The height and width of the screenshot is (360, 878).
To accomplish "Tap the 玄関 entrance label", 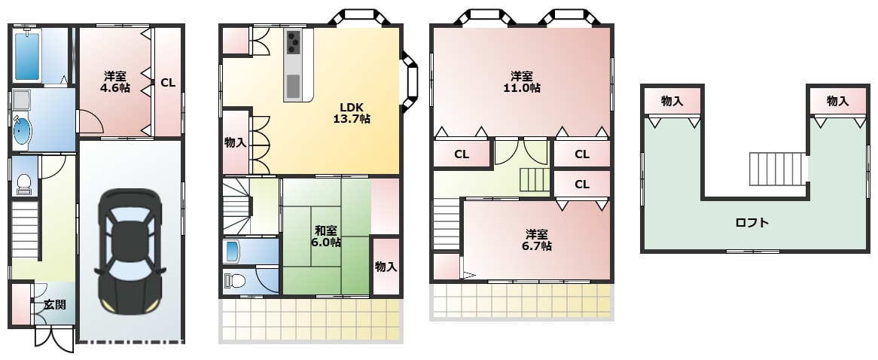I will click(x=53, y=304).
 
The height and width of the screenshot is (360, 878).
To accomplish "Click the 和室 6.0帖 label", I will click(x=327, y=236).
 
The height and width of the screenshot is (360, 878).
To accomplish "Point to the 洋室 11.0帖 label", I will click(x=522, y=81).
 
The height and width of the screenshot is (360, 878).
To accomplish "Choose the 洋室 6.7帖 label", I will click(x=536, y=239).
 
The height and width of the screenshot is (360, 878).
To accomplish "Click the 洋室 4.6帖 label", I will click(x=115, y=82).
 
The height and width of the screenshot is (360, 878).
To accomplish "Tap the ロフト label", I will click(x=751, y=223).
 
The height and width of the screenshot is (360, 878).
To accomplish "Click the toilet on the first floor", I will click(x=23, y=183).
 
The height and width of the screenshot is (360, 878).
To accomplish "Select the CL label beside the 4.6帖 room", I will click(x=167, y=83).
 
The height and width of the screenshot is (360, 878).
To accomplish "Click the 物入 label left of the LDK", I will click(x=235, y=142).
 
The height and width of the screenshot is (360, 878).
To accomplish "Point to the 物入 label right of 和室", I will click(x=386, y=267).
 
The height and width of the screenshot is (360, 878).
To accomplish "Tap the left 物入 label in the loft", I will click(x=672, y=101).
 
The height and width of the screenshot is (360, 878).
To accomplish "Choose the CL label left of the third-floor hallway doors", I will click(x=462, y=154).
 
